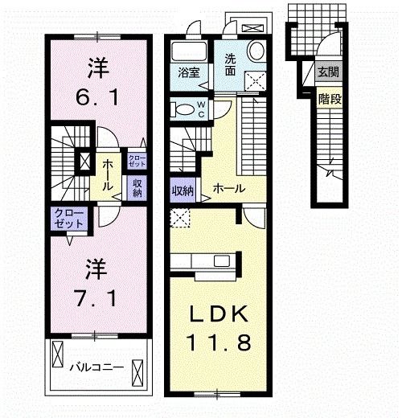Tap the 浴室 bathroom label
190,72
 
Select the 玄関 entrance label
326,73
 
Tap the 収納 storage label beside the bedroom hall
137,186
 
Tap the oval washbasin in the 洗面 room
256,51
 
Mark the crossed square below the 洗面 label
256,80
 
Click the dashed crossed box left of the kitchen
180,216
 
